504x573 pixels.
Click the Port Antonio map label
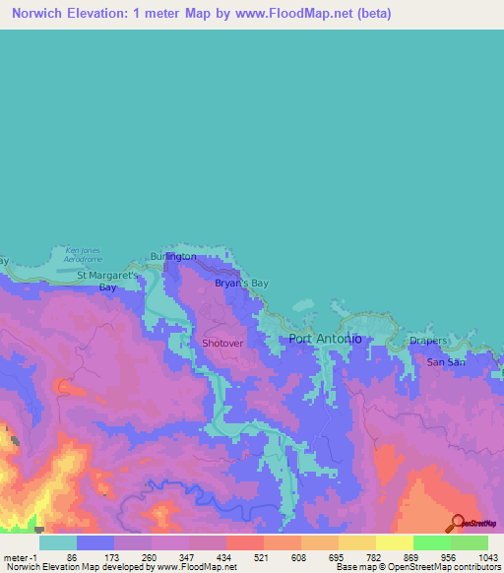pyautogui.click(x=325, y=339)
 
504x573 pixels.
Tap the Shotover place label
pyautogui.click(x=221, y=343)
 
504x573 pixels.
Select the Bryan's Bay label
pyautogui.click(x=241, y=284)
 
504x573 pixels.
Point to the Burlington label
pyautogui.click(x=173, y=257)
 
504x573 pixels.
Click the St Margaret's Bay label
pyautogui.click(x=110, y=282)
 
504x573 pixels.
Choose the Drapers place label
pyautogui.click(x=428, y=342)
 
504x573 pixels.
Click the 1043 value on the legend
pyautogui.click(x=487, y=556)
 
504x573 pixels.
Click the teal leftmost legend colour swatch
pyautogui.click(x=58, y=542)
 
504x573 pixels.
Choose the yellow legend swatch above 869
pyautogui.click(x=395, y=542)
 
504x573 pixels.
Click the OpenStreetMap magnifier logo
pyautogui.click(x=457, y=523)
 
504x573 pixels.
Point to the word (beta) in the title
pyautogui.click(x=373, y=14)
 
